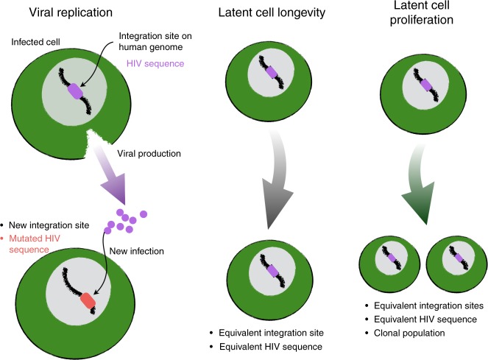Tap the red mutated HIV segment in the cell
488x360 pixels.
88,302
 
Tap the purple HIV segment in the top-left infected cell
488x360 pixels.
77,93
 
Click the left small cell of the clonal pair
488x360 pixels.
388,261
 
